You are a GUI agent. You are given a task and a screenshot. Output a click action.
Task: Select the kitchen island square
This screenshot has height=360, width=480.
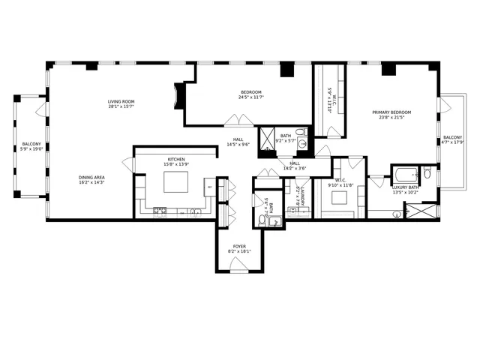(x=177, y=182)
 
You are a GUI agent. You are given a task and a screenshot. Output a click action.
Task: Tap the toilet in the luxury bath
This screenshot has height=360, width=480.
(x=426, y=173)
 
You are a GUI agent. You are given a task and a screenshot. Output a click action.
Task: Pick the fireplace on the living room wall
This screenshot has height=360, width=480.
(x=176, y=96)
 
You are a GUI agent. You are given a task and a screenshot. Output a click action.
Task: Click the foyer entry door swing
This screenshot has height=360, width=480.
(x=239, y=263)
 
